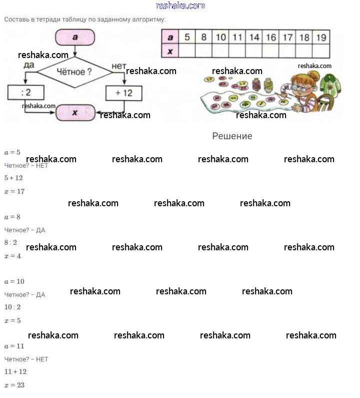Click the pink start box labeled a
coord(75,38)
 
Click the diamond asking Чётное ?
coord(75,72)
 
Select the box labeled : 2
coord(26,93)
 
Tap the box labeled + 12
coord(123,93)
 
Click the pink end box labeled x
coord(75,113)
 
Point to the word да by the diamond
coord(29,65)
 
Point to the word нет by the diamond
coord(119,66)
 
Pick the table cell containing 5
coord(187,37)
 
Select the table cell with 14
coord(254,38)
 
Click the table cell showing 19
coord(321,38)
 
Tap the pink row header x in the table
coord(170,51)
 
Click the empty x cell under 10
coord(220,51)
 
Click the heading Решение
coord(232,136)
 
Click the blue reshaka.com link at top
coord(180,6)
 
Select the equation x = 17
coord(14,191)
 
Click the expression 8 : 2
coord(10,242)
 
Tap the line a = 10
coord(14,281)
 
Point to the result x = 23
coord(14,385)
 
